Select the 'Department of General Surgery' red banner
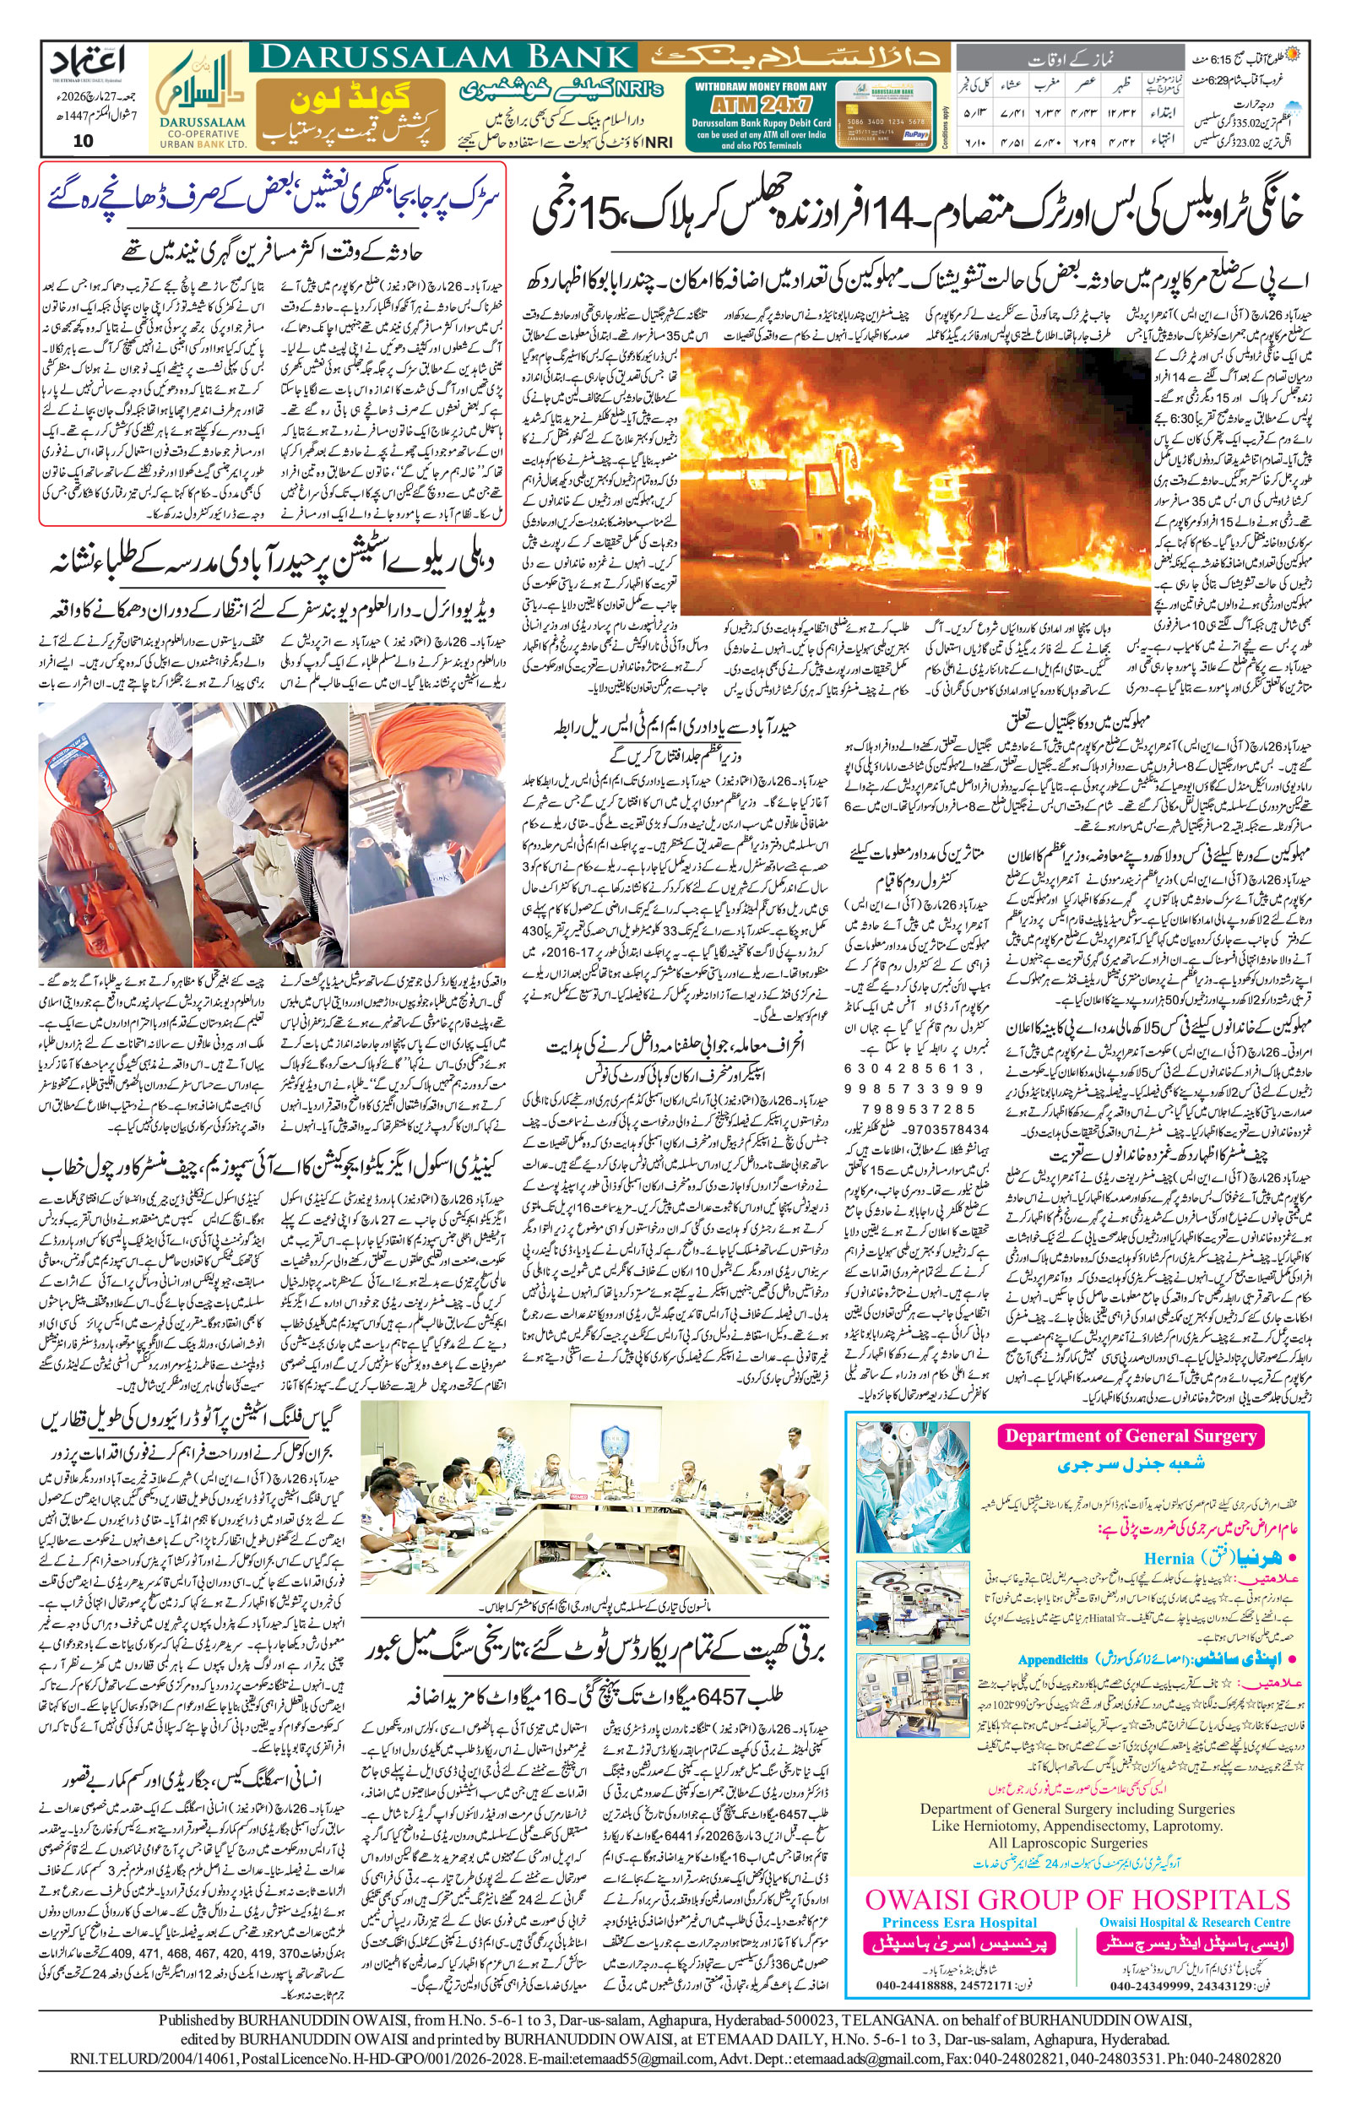pos(1130,1435)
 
